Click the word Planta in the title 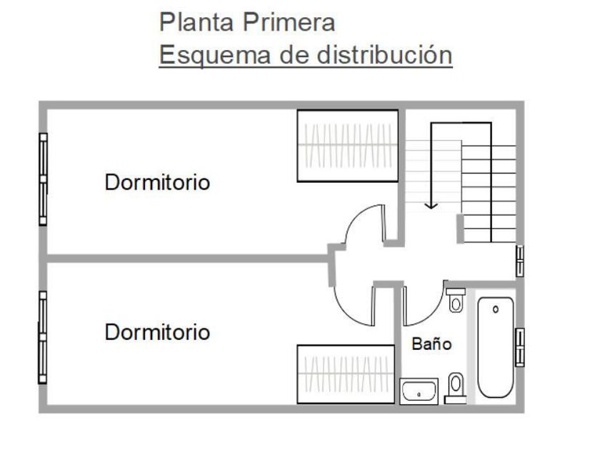[196, 22]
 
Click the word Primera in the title [289, 22]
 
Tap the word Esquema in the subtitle [215, 55]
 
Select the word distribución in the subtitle [384, 54]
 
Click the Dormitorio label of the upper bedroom [157, 182]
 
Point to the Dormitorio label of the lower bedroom [157, 332]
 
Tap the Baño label [431, 344]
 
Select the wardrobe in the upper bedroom [348, 146]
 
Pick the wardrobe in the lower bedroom [346, 374]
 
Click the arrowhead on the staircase [431, 206]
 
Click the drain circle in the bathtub [496, 309]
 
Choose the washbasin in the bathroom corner [419, 391]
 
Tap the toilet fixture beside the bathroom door [456, 301]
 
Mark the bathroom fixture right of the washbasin [456, 388]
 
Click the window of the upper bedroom [43, 179]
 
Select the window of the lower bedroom [42, 337]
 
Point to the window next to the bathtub [520, 347]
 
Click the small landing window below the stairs [520, 261]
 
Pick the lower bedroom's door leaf [374, 306]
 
